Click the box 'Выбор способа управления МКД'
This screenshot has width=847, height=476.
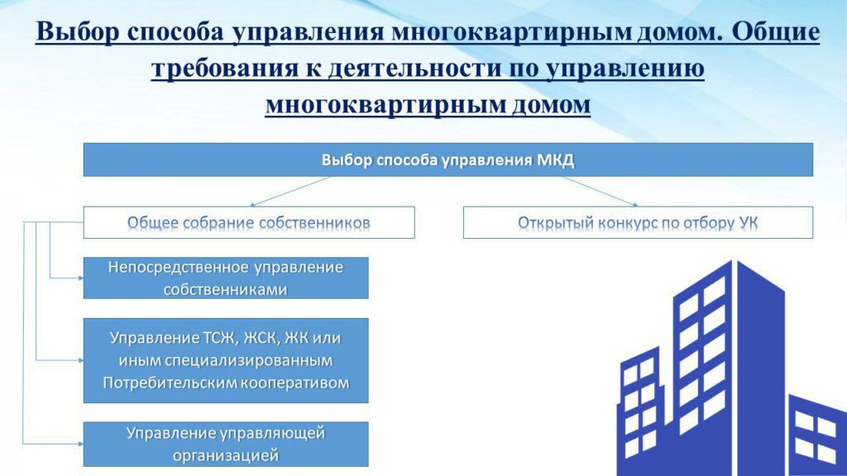pyautogui.click(x=447, y=159)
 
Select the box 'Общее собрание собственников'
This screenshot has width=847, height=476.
pyautogui.click(x=249, y=222)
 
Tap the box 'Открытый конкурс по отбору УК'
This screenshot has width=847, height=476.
pyautogui.click(x=638, y=222)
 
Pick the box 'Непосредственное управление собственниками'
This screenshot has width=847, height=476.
pyautogui.click(x=226, y=278)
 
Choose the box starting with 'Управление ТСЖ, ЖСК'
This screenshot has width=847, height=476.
pyautogui.click(x=226, y=360)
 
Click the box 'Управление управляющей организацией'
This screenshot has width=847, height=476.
pyautogui.click(x=226, y=444)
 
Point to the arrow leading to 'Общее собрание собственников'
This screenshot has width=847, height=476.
pyautogui.click(x=290, y=192)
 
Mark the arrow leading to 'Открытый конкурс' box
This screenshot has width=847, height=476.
pyautogui.click(x=600, y=192)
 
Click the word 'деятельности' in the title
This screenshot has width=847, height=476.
pyautogui.click(x=414, y=69)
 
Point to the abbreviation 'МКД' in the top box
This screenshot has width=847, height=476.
pyautogui.click(x=555, y=160)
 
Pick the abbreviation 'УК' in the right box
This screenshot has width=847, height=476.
pyautogui.click(x=748, y=222)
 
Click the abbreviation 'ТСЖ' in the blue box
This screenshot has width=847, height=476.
pyautogui.click(x=220, y=338)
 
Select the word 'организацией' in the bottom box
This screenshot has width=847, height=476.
pyautogui.click(x=226, y=456)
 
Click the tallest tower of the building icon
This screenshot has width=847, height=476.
pyautogui.click(x=730, y=367)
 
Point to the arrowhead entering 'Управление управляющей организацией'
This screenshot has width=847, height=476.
pyautogui.click(x=80, y=444)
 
